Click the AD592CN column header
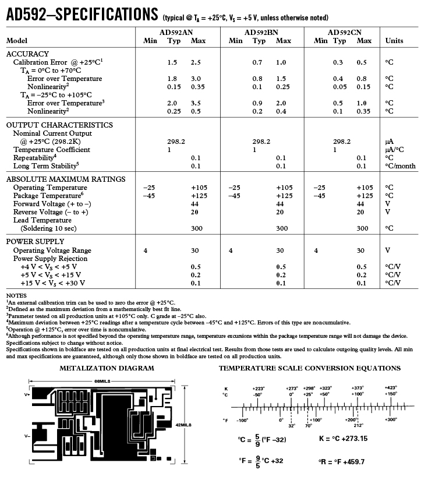345,33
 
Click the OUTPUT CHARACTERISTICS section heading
59,125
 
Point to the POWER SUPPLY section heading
35,241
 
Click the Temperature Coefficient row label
52,150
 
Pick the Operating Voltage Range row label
52,250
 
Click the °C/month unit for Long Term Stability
400,166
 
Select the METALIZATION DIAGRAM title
107,368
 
